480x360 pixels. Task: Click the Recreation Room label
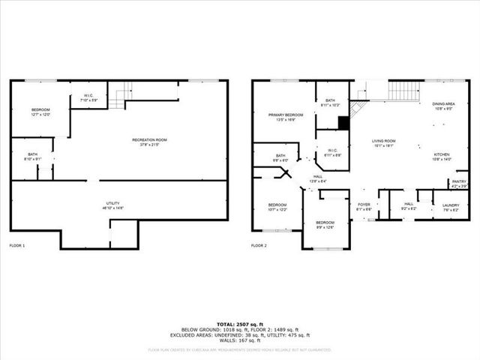tap(149, 142)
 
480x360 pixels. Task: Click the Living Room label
tap(384, 143)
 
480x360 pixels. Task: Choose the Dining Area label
tap(443, 106)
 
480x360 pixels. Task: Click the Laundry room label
tap(451, 207)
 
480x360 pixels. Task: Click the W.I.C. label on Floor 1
tap(88, 97)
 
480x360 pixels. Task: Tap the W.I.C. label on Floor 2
tap(333, 152)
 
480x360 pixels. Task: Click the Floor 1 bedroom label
tap(40, 112)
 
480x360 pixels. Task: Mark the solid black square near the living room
tap(343, 123)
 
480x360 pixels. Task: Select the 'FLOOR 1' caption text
tap(17, 245)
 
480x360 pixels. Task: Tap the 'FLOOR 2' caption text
tap(259, 245)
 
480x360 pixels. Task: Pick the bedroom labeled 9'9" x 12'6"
tap(325, 225)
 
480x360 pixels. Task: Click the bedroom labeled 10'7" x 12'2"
tap(277, 208)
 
